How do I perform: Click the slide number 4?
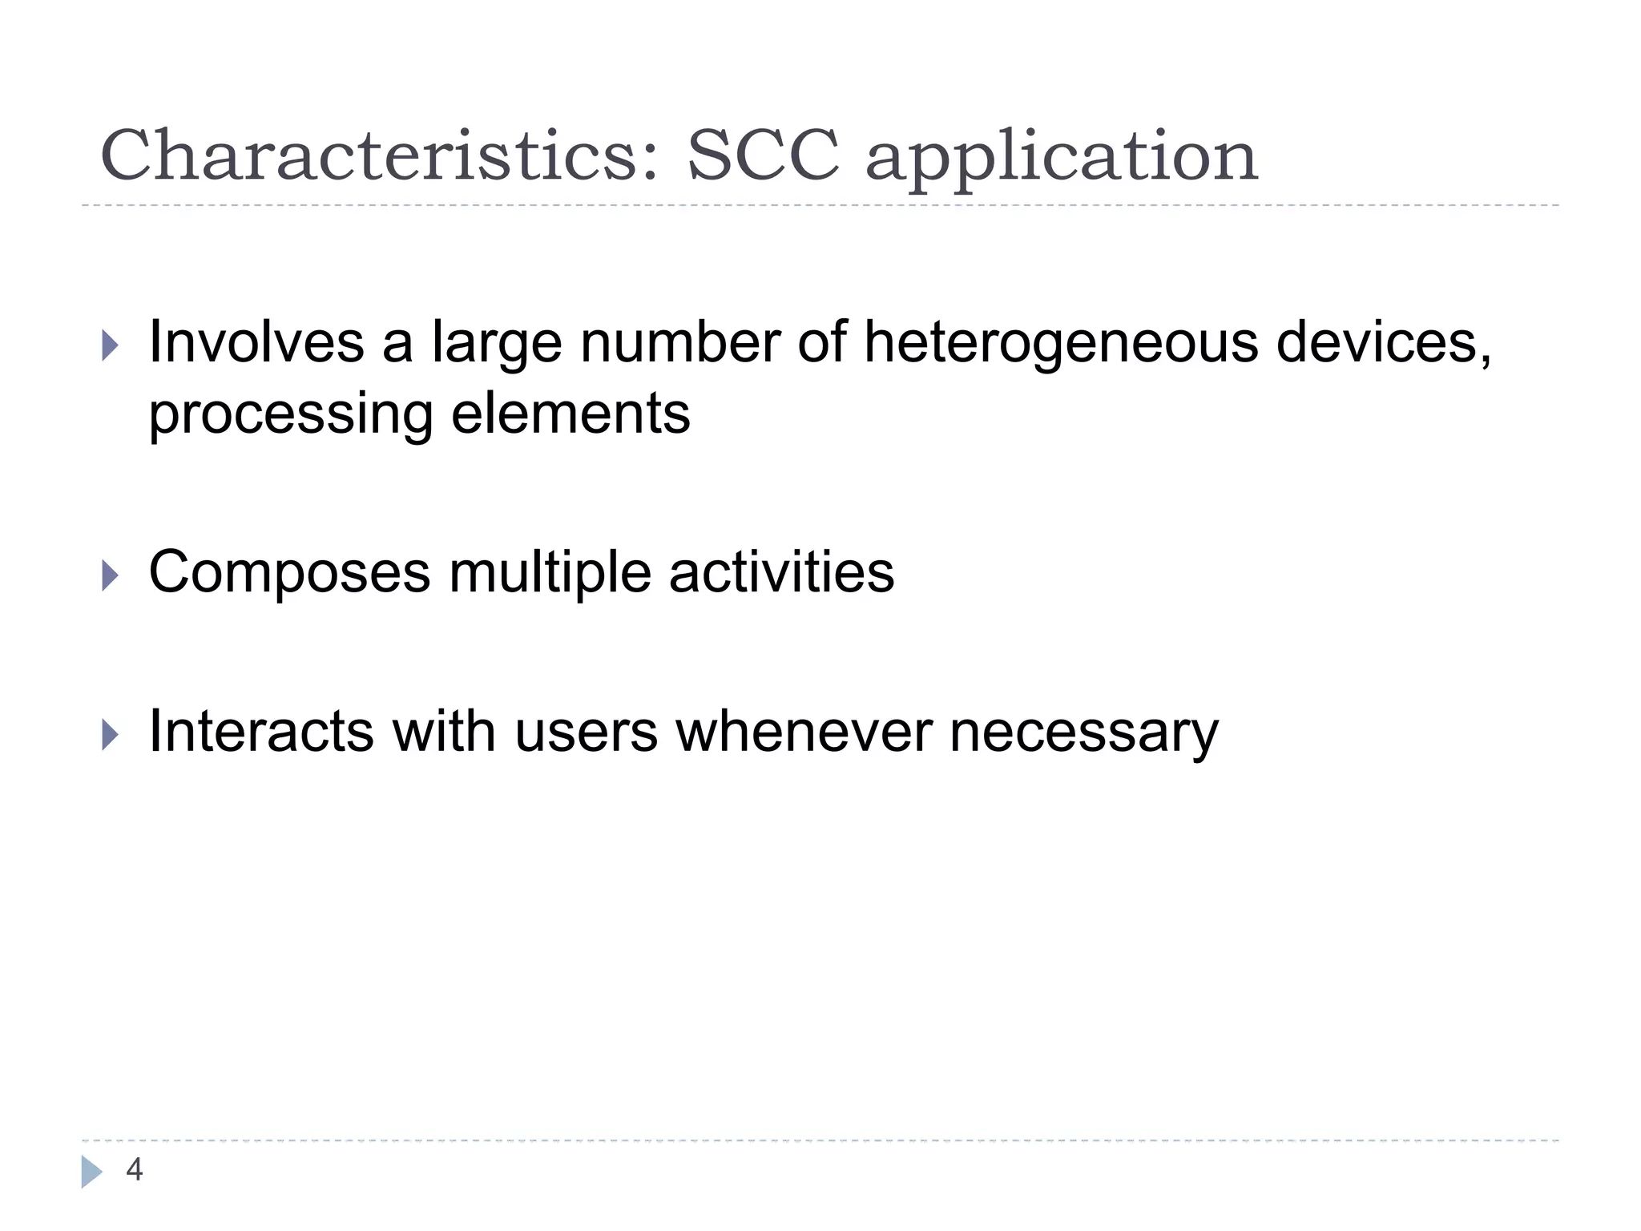[x=135, y=1170]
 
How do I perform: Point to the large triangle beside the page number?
[x=91, y=1172]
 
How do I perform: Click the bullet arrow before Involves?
[x=111, y=346]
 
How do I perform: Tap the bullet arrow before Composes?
[x=111, y=575]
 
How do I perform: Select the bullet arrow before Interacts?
[x=111, y=734]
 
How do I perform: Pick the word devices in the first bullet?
[x=1382, y=343]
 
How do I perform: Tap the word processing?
[x=291, y=417]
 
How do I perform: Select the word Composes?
[x=290, y=574]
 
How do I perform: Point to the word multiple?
[x=550, y=574]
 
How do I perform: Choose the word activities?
[x=781, y=572]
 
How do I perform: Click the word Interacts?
[x=261, y=731]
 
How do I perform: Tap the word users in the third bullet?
[x=586, y=733]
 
